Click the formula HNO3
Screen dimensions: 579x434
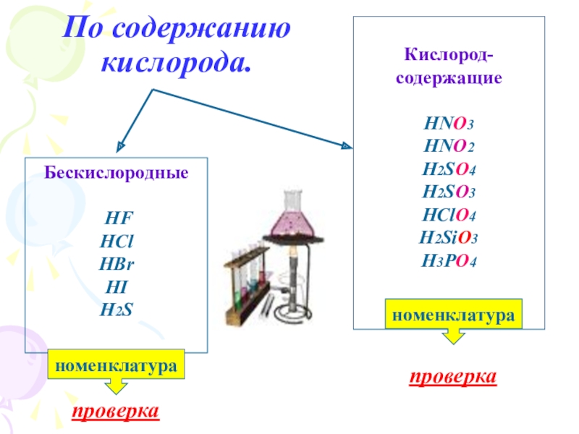point(449,124)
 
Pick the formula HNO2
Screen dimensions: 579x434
point(449,148)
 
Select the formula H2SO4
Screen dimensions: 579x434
point(449,170)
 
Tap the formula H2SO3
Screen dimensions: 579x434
point(449,192)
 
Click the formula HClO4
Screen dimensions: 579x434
point(449,215)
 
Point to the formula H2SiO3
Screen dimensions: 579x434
point(449,238)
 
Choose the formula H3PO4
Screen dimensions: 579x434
point(449,260)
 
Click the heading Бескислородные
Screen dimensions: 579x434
point(117,174)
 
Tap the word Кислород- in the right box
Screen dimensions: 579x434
point(449,55)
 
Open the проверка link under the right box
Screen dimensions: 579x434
point(453,377)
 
